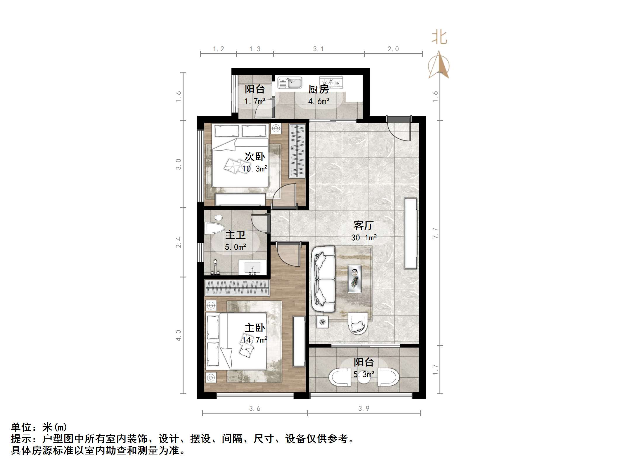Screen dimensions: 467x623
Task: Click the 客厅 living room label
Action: pyautogui.click(x=364, y=225)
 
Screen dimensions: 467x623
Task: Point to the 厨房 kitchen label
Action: pyautogui.click(x=319, y=89)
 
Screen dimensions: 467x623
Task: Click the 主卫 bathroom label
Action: pyautogui.click(x=235, y=235)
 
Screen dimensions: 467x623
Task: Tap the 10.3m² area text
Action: pyautogui.click(x=255, y=169)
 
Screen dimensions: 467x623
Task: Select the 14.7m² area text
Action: pyautogui.click(x=255, y=340)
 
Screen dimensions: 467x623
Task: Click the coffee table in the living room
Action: pyautogui.click(x=354, y=279)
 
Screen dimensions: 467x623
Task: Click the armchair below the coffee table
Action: pyautogui.click(x=358, y=324)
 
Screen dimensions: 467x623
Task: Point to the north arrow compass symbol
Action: pyautogui.click(x=439, y=65)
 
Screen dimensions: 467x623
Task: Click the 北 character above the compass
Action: pyautogui.click(x=439, y=38)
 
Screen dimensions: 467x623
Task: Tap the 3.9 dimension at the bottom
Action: pyautogui.click(x=364, y=409)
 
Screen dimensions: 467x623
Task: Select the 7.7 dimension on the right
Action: pyautogui.click(x=435, y=233)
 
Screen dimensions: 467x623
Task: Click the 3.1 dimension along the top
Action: pyautogui.click(x=318, y=49)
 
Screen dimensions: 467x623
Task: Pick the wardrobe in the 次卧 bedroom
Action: pyautogui.click(x=297, y=151)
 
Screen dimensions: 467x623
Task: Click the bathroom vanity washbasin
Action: pyautogui.click(x=252, y=268)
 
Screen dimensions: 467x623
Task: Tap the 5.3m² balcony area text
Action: pyautogui.click(x=364, y=374)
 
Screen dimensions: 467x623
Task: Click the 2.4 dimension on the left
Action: pyautogui.click(x=178, y=242)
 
